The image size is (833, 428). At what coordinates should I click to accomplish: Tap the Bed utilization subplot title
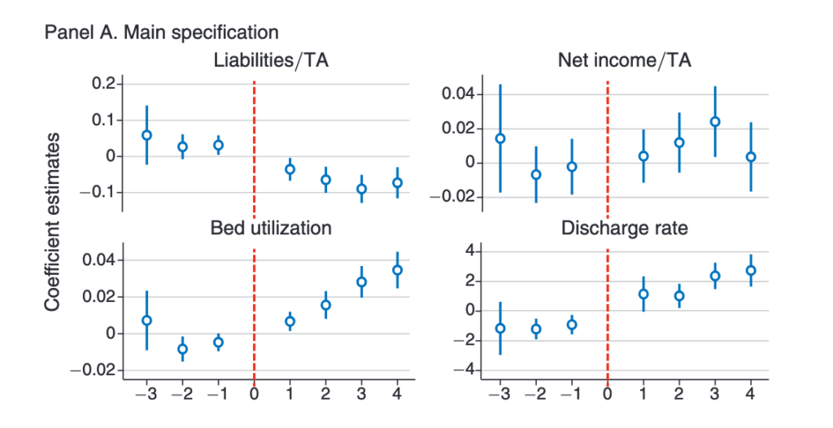271,228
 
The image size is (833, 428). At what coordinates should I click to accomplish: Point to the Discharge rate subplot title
624,228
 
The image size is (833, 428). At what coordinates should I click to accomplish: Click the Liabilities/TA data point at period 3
361,189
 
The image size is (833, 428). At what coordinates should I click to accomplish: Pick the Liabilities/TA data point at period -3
147,135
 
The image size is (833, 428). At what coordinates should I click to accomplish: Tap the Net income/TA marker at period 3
715,122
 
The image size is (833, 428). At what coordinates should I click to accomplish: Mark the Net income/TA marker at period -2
536,174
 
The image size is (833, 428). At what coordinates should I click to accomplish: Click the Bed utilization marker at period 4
397,269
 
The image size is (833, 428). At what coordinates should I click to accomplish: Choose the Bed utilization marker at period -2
183,349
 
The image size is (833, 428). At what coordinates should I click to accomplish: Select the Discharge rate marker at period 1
643,295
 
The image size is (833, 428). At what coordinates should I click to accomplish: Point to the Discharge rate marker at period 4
751,270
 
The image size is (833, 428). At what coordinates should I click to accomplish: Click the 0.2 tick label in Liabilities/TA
104,84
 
